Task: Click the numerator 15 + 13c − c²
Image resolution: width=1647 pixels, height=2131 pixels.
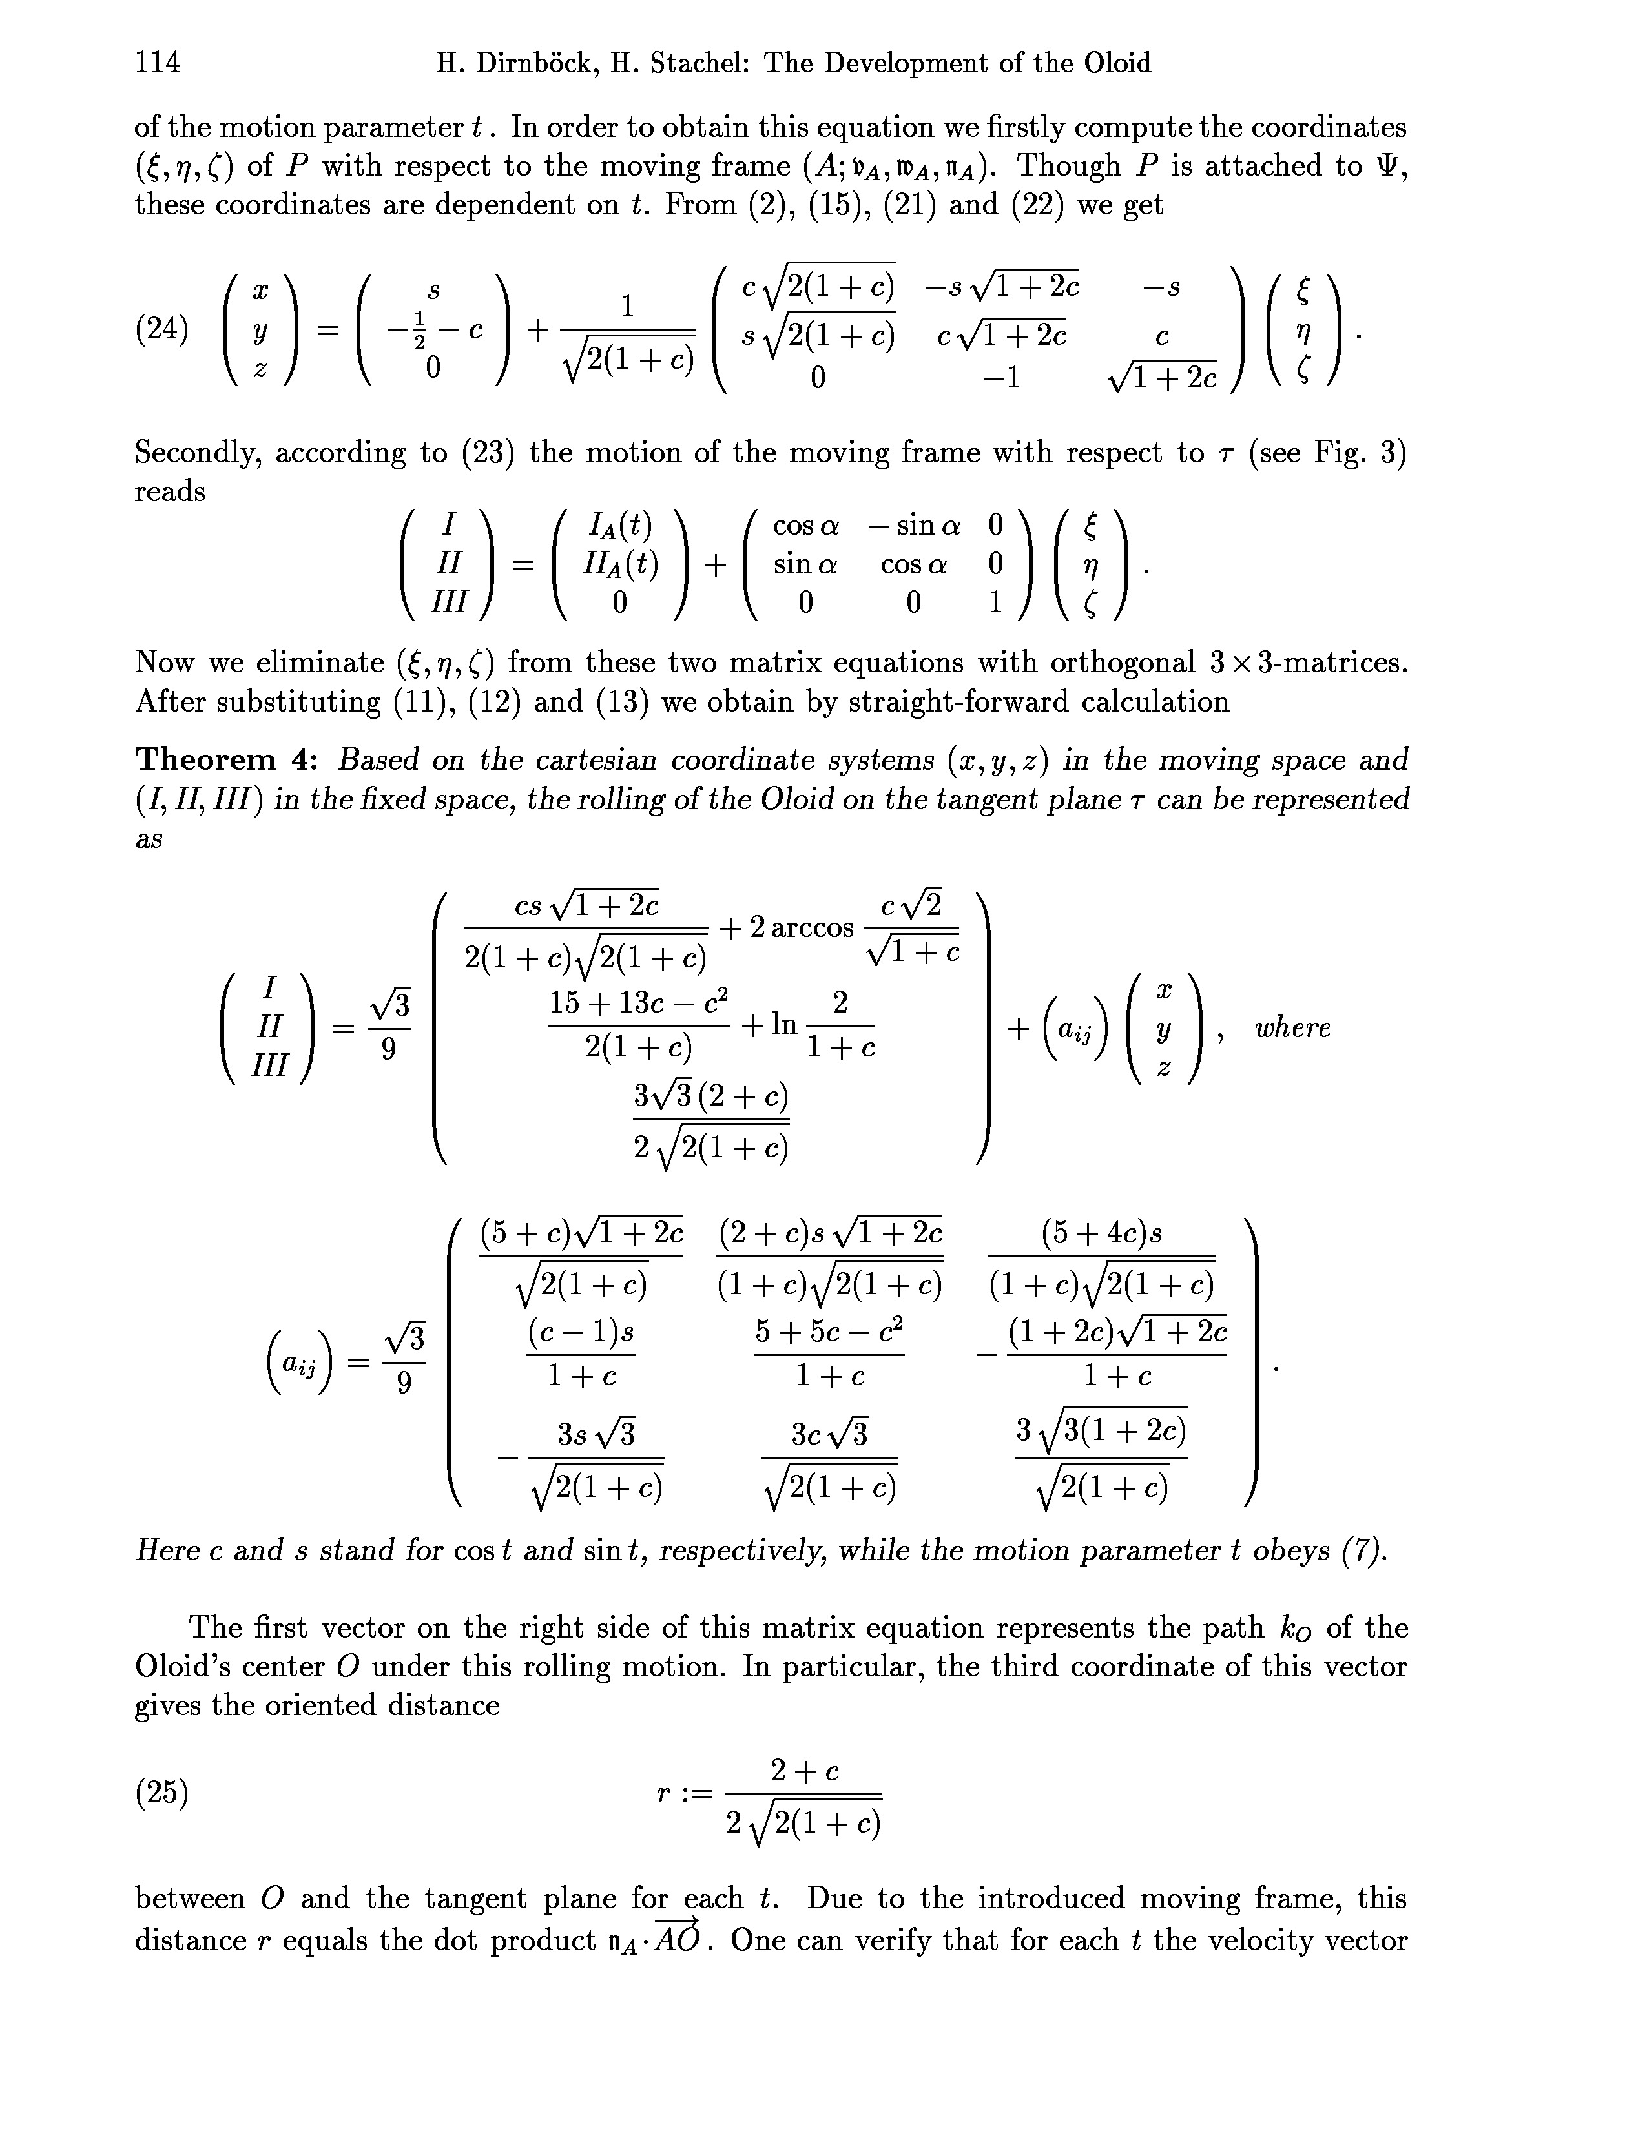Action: tap(639, 1002)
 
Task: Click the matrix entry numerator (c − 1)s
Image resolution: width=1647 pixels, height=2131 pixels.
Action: tap(581, 1331)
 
